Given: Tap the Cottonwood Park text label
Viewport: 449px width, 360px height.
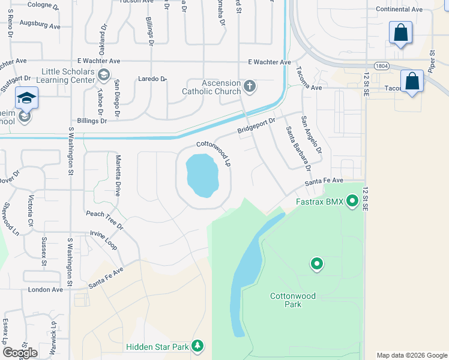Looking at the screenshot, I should click(293, 300).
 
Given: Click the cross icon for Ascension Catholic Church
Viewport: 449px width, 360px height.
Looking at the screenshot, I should click(250, 86).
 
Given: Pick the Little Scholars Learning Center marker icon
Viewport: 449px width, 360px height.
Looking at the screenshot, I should click(104, 74).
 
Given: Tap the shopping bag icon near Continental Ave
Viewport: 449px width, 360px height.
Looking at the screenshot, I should click(400, 32).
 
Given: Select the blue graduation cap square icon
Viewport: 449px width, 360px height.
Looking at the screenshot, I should click(26, 98).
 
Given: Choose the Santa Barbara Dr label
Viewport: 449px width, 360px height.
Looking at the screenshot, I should click(298, 146).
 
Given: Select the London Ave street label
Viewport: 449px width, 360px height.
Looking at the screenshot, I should click(45, 289).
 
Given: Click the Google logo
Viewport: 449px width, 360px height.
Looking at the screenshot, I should click(20, 353).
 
